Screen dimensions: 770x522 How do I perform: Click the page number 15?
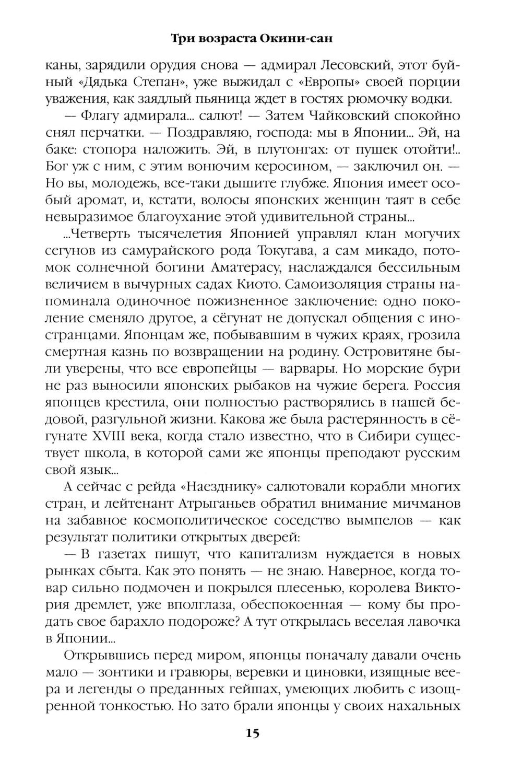(252, 733)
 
